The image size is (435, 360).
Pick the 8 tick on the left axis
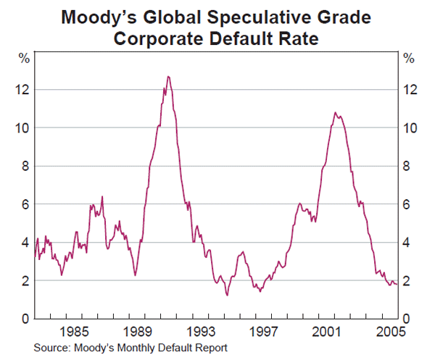pos(24,166)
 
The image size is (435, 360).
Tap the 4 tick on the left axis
pos(24,243)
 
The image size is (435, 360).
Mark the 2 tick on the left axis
pos(24,281)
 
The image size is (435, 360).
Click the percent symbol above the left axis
pos(23,59)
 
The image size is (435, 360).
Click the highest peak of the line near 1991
pos(168,76)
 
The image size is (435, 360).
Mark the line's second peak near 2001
pos(335,112)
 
